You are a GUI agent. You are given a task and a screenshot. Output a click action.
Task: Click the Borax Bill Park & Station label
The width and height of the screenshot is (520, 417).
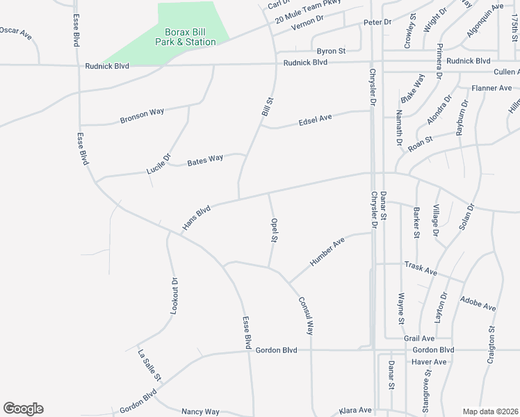tap(190, 37)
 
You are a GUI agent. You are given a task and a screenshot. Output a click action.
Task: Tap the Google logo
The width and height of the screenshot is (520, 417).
tap(23, 409)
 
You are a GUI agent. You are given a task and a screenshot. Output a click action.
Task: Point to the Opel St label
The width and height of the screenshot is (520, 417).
tap(275, 230)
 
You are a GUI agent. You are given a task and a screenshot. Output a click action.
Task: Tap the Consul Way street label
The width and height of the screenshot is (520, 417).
tap(307, 316)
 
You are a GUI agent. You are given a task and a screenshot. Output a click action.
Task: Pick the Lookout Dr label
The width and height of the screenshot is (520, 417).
tap(174, 296)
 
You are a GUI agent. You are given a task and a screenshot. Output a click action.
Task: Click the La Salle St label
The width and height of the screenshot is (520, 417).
tap(149, 366)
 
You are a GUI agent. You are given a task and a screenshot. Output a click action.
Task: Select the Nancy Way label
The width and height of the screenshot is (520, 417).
tap(200, 411)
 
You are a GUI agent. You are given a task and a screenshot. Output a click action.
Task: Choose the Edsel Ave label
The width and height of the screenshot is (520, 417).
tap(315, 120)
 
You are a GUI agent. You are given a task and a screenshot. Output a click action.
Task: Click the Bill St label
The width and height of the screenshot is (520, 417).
tap(266, 106)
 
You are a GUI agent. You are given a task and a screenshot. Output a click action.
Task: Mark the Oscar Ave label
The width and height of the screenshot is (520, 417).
tap(16, 31)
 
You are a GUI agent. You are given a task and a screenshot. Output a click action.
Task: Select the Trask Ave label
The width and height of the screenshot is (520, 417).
tap(421, 269)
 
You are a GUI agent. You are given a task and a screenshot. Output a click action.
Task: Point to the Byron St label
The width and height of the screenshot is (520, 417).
tap(331, 51)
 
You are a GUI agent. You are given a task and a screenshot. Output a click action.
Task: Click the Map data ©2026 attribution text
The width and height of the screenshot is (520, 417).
tap(491, 411)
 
